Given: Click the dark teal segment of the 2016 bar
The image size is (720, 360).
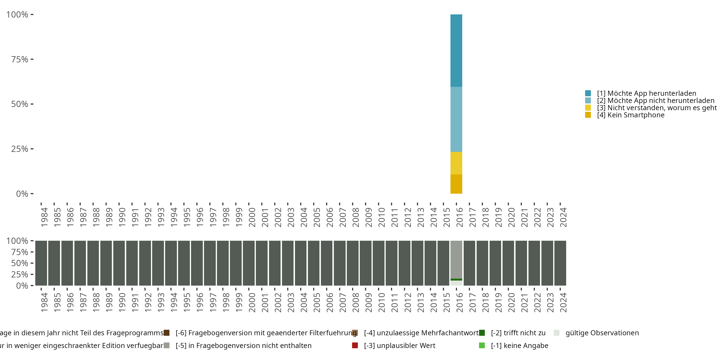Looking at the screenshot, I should pyautogui.click(x=456, y=50).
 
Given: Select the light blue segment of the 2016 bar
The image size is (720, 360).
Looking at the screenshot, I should pyautogui.click(x=456, y=119).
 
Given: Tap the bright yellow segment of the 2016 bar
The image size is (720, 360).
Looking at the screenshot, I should pyautogui.click(x=456, y=163).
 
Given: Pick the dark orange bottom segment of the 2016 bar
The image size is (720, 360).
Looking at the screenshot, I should pyautogui.click(x=456, y=184).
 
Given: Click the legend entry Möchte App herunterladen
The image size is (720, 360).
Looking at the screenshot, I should pyautogui.click(x=647, y=93).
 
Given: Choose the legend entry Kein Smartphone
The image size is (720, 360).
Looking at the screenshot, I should pyautogui.click(x=630, y=115).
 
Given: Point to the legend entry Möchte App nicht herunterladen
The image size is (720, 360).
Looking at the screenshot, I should pyautogui.click(x=655, y=101).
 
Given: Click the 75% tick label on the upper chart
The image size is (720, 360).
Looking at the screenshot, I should pyautogui.click(x=20, y=59).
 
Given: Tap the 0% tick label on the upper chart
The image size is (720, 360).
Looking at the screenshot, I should pyautogui.click(x=22, y=194).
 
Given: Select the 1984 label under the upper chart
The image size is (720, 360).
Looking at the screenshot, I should pyautogui.click(x=44, y=217).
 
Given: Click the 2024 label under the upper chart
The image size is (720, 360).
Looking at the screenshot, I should pyautogui.click(x=563, y=217).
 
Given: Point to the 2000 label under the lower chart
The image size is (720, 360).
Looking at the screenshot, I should pyautogui.click(x=252, y=302).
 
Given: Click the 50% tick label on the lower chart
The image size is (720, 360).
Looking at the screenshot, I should pyautogui.click(x=20, y=263).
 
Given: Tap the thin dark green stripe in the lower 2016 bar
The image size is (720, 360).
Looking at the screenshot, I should pyautogui.click(x=456, y=280).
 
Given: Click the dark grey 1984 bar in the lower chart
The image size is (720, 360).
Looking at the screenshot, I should pyautogui.click(x=41, y=263).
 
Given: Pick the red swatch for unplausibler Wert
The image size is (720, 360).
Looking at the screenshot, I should pyautogui.click(x=355, y=345).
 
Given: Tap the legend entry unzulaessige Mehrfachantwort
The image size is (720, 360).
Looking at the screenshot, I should pyautogui.click(x=421, y=333).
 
